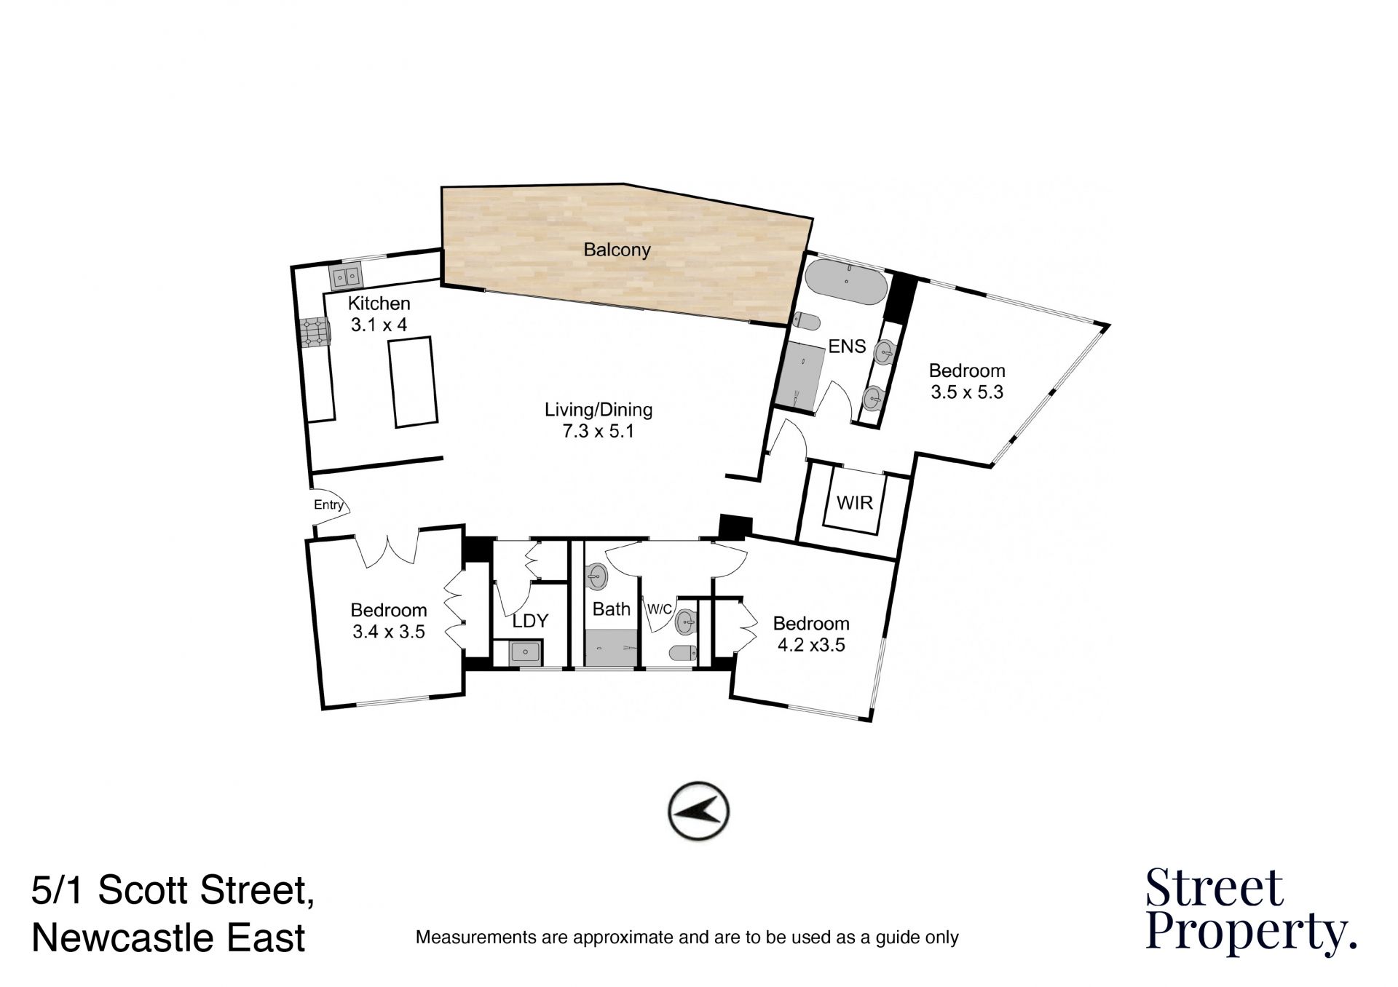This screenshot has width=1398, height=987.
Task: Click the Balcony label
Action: (x=617, y=250)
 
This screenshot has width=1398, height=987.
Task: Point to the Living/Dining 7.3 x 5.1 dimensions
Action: (x=598, y=432)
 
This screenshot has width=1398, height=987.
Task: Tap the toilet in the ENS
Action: (x=807, y=321)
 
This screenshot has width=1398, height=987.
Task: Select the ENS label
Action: (x=848, y=346)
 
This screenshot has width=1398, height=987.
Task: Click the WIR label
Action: (x=855, y=503)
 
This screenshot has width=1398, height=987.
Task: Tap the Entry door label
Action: (x=328, y=504)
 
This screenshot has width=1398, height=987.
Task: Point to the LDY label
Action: (x=530, y=621)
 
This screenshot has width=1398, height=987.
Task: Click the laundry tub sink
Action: (x=526, y=651)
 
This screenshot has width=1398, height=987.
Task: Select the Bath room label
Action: (x=612, y=609)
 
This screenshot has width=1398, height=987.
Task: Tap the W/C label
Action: (x=660, y=609)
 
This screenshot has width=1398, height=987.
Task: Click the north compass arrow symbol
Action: (x=698, y=812)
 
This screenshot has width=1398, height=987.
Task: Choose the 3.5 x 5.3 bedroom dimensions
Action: (x=967, y=392)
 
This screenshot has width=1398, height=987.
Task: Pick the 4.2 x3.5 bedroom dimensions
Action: (x=812, y=645)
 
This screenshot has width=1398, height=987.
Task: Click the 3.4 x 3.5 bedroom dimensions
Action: (x=389, y=632)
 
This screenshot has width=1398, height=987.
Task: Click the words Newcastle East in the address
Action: (x=169, y=938)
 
